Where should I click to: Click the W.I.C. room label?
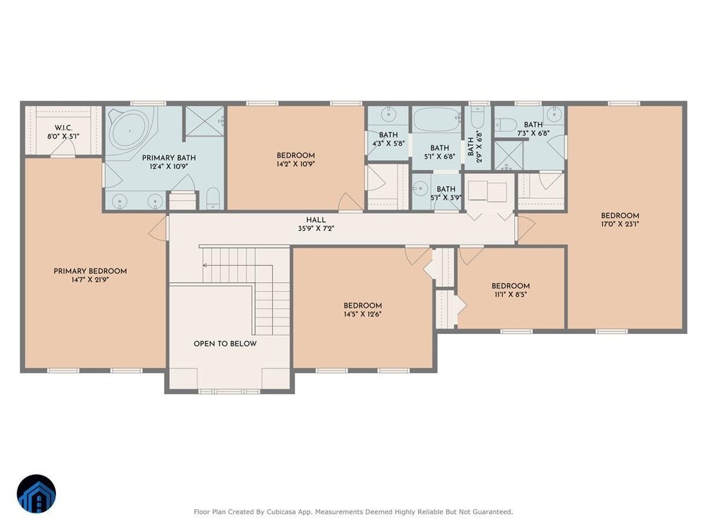(x=64, y=128)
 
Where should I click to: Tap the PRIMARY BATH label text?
(x=169, y=158)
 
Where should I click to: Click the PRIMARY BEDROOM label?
(x=90, y=271)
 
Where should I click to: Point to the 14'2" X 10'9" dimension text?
(x=296, y=164)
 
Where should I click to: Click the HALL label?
(x=316, y=220)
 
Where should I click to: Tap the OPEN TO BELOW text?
(x=225, y=344)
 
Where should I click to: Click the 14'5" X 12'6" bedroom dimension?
(x=362, y=314)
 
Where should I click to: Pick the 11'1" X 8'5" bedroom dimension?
(x=510, y=295)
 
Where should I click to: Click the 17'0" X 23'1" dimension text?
(x=620, y=224)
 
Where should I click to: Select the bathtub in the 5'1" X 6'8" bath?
(x=437, y=119)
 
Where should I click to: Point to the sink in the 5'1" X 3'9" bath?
(x=421, y=188)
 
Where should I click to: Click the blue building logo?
(x=37, y=493)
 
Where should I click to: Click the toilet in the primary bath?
(x=213, y=198)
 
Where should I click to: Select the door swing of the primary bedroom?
(x=158, y=228)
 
